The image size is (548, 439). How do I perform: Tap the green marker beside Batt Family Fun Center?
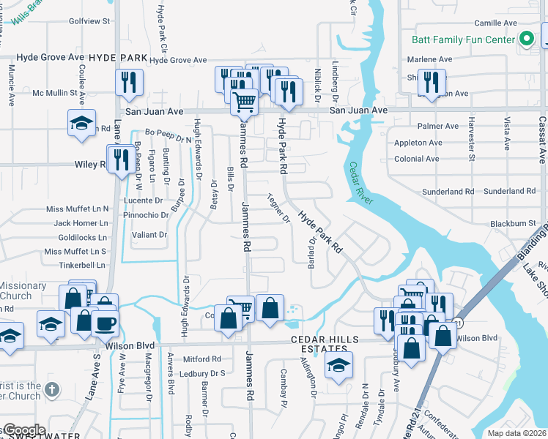coord(525,40)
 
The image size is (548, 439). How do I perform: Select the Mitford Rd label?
coord(201,359)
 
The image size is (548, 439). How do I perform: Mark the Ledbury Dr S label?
coord(203,373)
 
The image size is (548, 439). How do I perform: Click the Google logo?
coord(23,430)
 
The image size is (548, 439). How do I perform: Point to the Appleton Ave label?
coord(418,143)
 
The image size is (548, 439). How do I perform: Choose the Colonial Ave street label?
coord(416,159)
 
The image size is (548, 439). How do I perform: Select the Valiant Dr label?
coord(149,235)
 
